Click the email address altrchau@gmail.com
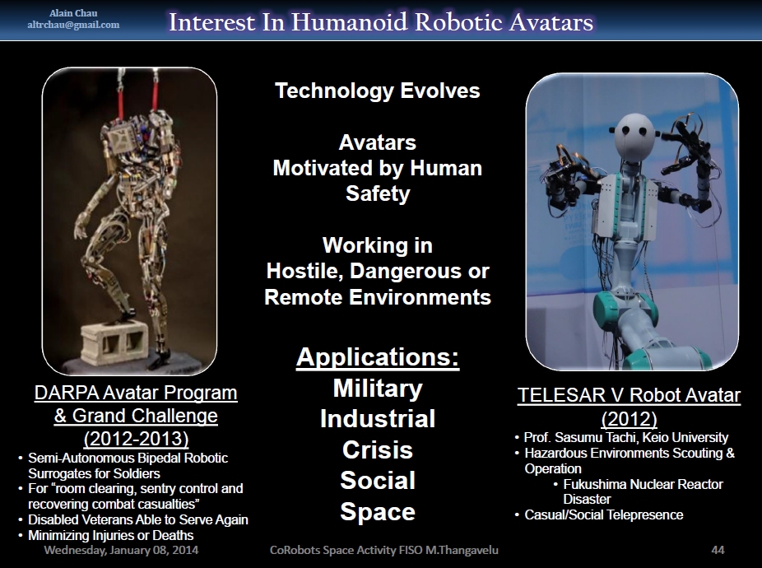(73, 25)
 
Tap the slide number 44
(718, 550)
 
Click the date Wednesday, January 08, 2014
(121, 550)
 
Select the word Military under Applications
(378, 389)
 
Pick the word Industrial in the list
(378, 419)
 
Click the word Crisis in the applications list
(378, 449)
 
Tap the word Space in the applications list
(378, 511)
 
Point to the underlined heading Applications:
(378, 357)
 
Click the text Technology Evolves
(378, 91)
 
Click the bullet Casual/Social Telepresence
(603, 515)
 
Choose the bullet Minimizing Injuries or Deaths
(111, 535)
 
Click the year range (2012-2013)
(136, 439)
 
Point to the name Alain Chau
(73, 13)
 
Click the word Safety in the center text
(378, 193)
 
